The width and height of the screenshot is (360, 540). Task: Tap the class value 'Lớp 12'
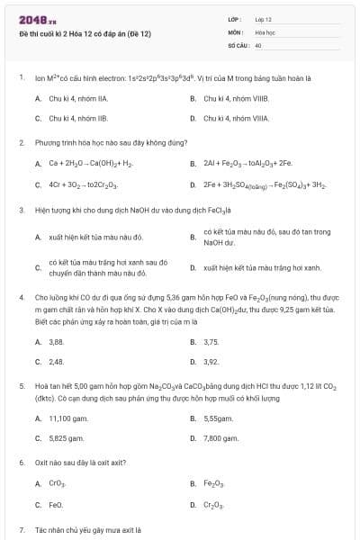click(x=264, y=19)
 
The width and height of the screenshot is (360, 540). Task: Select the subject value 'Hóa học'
click(x=264, y=31)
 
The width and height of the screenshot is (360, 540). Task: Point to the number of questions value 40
click(x=258, y=44)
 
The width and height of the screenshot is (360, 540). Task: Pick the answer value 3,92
click(x=211, y=362)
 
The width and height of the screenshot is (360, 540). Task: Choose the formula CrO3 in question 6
click(x=57, y=484)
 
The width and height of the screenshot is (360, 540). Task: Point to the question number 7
click(x=22, y=530)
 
